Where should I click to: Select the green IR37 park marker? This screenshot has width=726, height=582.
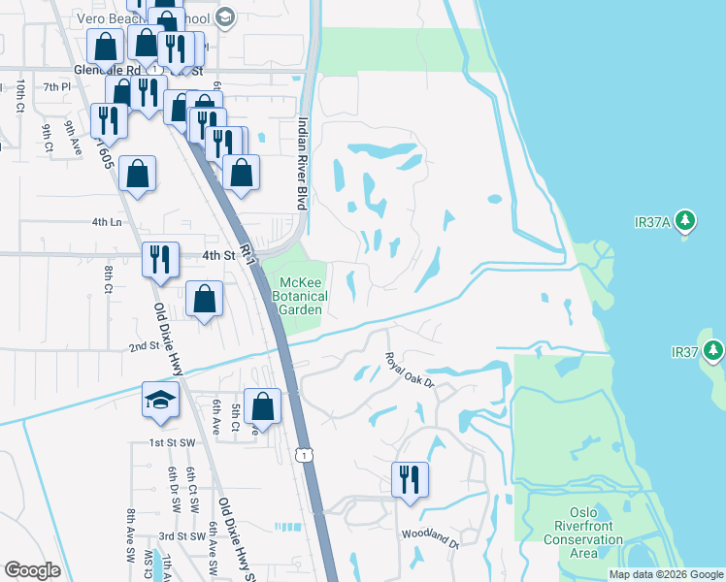click(715, 349)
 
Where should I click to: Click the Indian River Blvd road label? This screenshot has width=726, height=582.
click(303, 163)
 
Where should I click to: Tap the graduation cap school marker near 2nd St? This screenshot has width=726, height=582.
click(158, 402)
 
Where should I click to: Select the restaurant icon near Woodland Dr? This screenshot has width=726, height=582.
click(410, 479)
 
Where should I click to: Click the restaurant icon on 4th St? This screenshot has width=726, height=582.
click(159, 259)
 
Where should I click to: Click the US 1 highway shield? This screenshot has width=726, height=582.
click(306, 454)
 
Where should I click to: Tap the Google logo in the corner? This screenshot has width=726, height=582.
click(31, 570)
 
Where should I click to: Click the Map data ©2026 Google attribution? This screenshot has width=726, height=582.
click(666, 574)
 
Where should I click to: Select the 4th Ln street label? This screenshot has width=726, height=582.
click(106, 222)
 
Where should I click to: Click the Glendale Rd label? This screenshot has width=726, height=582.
click(107, 70)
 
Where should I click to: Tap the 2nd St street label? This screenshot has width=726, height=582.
click(143, 346)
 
